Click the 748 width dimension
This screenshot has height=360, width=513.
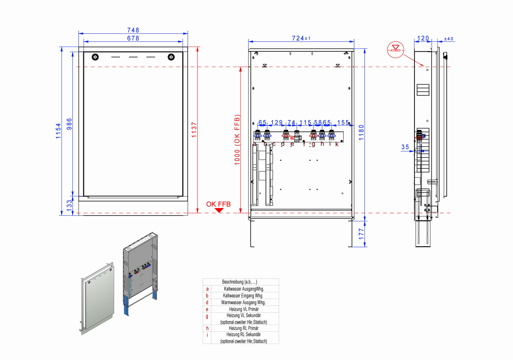pos(133,30)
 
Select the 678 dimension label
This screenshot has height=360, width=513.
pos(133,38)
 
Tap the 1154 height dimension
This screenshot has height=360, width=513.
pos(59,131)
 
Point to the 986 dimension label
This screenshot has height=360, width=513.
pos(69,124)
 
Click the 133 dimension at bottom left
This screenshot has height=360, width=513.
pos(69,204)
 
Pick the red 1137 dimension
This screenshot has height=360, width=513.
pos(194,130)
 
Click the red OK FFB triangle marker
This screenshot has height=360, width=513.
pos(219,210)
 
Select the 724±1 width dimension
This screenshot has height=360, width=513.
pos(301,38)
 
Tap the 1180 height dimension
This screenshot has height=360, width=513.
pos(361,132)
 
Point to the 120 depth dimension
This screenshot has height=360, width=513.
pos(423,38)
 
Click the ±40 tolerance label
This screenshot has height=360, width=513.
pos(448,39)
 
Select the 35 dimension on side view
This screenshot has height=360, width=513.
pos(405,147)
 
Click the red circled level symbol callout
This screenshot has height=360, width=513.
pos(395,49)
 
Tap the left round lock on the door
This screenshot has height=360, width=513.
pos(95,57)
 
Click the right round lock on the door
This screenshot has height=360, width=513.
pos(171,57)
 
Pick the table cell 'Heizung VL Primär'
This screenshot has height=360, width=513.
pos(244,309)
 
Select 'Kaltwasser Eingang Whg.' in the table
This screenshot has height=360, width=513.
pos(243,296)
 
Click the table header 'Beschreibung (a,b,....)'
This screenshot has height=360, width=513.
pos(240,282)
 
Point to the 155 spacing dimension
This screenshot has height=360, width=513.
pos(343,123)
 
